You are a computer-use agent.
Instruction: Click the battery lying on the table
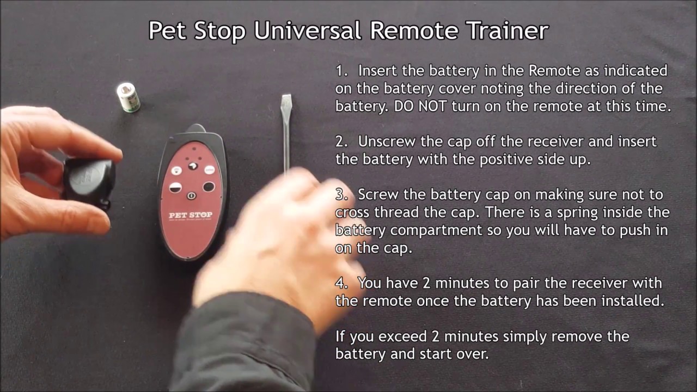pyautogui.click(x=128, y=97)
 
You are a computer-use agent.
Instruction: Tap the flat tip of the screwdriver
pyautogui.click(x=286, y=96)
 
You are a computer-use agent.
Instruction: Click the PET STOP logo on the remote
pyautogui.click(x=191, y=215)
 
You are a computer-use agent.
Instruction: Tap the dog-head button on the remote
pyautogui.click(x=193, y=167)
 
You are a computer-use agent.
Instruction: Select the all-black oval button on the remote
pyautogui.click(x=209, y=187)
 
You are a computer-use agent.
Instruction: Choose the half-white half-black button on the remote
pyautogui.click(x=175, y=188)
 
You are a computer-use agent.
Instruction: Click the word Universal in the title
pyautogui.click(x=308, y=30)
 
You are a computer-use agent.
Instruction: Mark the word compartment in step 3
pyautogui.click(x=436, y=231)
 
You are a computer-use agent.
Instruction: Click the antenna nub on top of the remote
pyautogui.click(x=195, y=128)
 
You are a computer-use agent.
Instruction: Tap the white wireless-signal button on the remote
pyautogui.click(x=177, y=170)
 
